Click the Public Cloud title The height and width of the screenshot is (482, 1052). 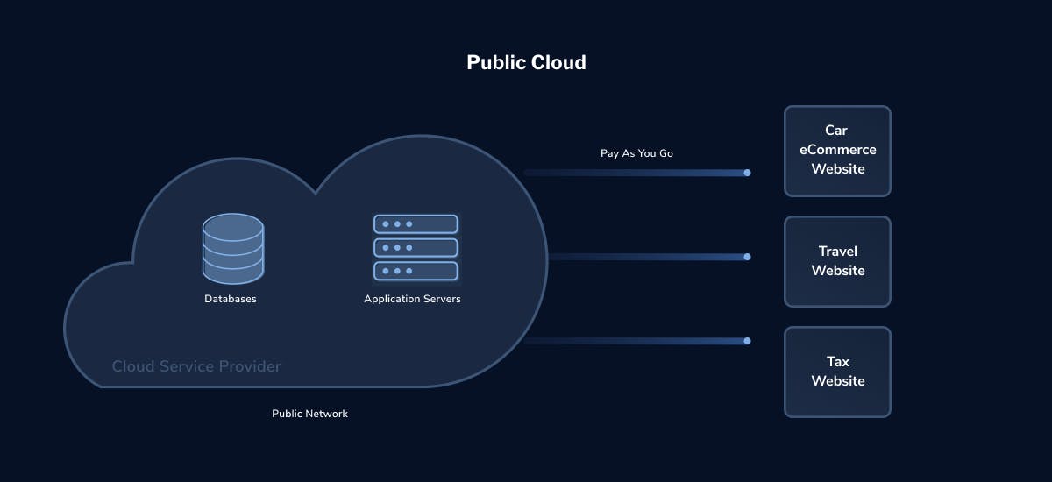(x=526, y=62)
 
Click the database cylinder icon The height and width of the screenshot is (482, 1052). (x=232, y=249)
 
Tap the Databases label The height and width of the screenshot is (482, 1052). (x=231, y=299)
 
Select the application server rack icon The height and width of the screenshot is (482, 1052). (x=416, y=247)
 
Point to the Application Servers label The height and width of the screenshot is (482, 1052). (x=412, y=299)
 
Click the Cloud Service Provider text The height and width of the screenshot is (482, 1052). (x=196, y=366)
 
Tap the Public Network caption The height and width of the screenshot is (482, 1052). (x=309, y=414)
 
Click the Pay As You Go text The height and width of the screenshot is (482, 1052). (x=636, y=153)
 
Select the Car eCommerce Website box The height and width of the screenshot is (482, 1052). (x=837, y=151)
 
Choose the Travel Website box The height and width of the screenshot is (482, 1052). (x=837, y=261)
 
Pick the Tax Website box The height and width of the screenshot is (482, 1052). (x=837, y=372)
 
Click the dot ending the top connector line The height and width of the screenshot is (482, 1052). (x=747, y=173)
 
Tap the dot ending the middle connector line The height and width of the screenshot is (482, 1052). (x=747, y=257)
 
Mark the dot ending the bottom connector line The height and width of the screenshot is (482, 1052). (x=747, y=341)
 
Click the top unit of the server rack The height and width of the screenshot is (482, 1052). (x=416, y=224)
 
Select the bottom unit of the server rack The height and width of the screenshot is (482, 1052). (x=416, y=271)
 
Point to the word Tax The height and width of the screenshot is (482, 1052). (x=837, y=361)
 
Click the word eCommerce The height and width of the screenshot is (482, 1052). (x=837, y=150)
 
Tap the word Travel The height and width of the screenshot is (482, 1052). (x=837, y=252)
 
